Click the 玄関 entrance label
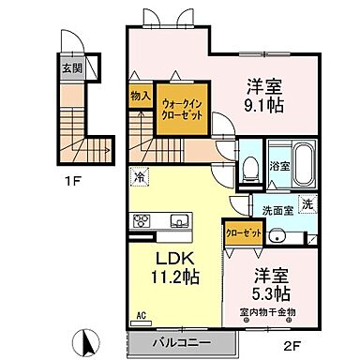point(72,68)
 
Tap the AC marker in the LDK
point(142,316)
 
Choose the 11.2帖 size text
point(172,276)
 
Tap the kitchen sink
point(179,222)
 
